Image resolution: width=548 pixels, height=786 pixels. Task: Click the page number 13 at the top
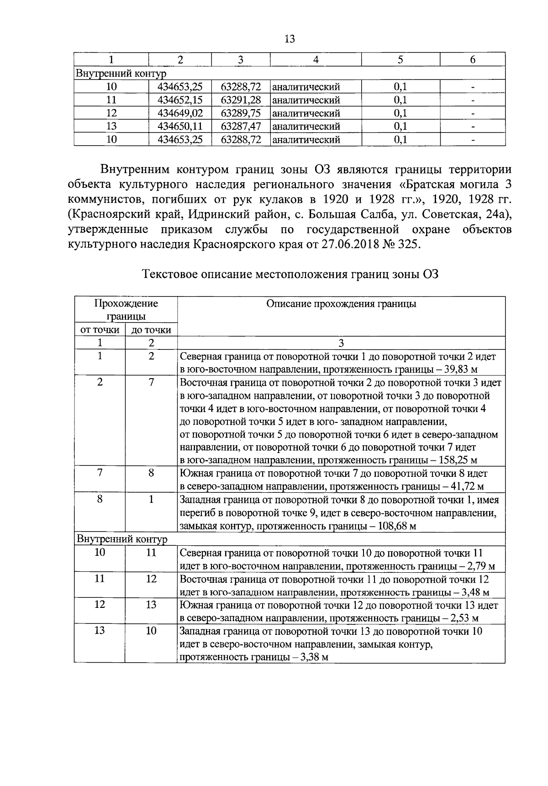(290, 39)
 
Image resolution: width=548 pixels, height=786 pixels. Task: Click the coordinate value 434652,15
(180, 100)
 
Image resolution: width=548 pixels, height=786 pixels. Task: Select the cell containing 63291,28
(241, 100)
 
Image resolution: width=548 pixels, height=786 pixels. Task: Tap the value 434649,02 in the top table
(180, 113)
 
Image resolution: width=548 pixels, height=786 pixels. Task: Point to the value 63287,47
(241, 127)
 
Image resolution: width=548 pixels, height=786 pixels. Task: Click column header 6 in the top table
(473, 60)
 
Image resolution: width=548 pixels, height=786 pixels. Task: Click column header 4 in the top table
(316, 60)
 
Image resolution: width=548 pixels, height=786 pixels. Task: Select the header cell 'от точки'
(100, 330)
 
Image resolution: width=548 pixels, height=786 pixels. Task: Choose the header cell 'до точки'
(151, 330)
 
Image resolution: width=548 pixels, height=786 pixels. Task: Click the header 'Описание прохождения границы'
(341, 304)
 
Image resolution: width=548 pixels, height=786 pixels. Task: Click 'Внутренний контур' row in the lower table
(121, 539)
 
